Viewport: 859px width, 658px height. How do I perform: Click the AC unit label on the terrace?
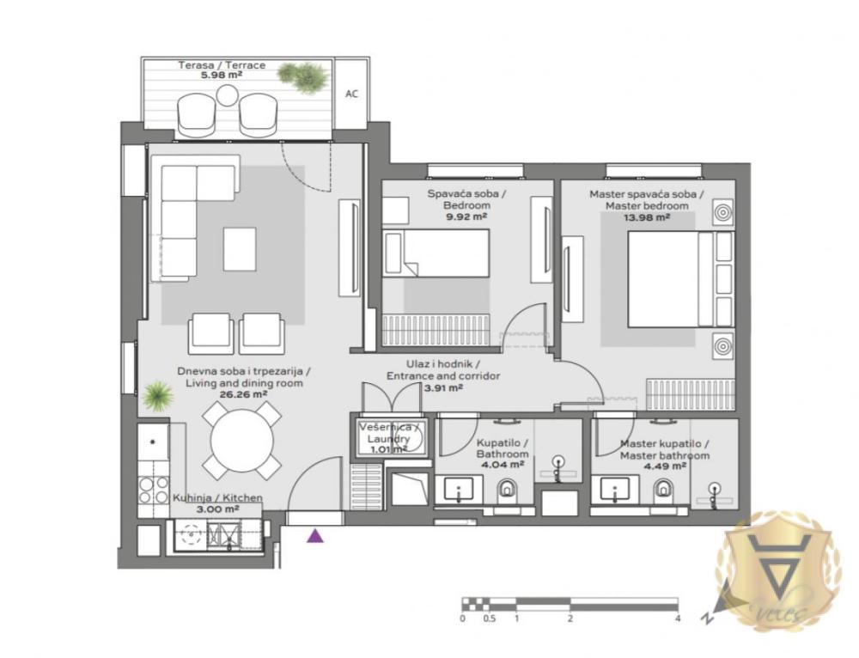(351, 94)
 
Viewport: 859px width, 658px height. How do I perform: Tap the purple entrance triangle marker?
(316, 536)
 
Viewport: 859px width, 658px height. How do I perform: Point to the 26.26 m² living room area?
(243, 394)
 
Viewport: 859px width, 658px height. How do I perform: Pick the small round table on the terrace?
(227, 94)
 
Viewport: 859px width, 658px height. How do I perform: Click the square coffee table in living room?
(240, 248)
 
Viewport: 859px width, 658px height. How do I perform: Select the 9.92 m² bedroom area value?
(467, 217)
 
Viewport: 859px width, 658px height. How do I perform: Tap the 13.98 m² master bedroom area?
(646, 217)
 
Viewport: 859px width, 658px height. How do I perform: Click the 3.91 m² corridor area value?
(443, 387)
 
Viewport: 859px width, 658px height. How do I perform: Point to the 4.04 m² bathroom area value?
(503, 465)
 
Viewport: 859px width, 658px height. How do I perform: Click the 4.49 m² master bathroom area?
(664, 466)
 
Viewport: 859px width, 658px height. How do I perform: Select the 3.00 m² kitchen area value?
(217, 509)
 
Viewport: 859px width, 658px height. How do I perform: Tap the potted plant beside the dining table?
(157, 395)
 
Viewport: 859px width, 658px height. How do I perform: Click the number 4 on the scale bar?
(678, 618)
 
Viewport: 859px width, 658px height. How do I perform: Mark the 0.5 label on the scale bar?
(489, 618)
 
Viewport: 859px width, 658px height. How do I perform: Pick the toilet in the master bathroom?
(664, 490)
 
